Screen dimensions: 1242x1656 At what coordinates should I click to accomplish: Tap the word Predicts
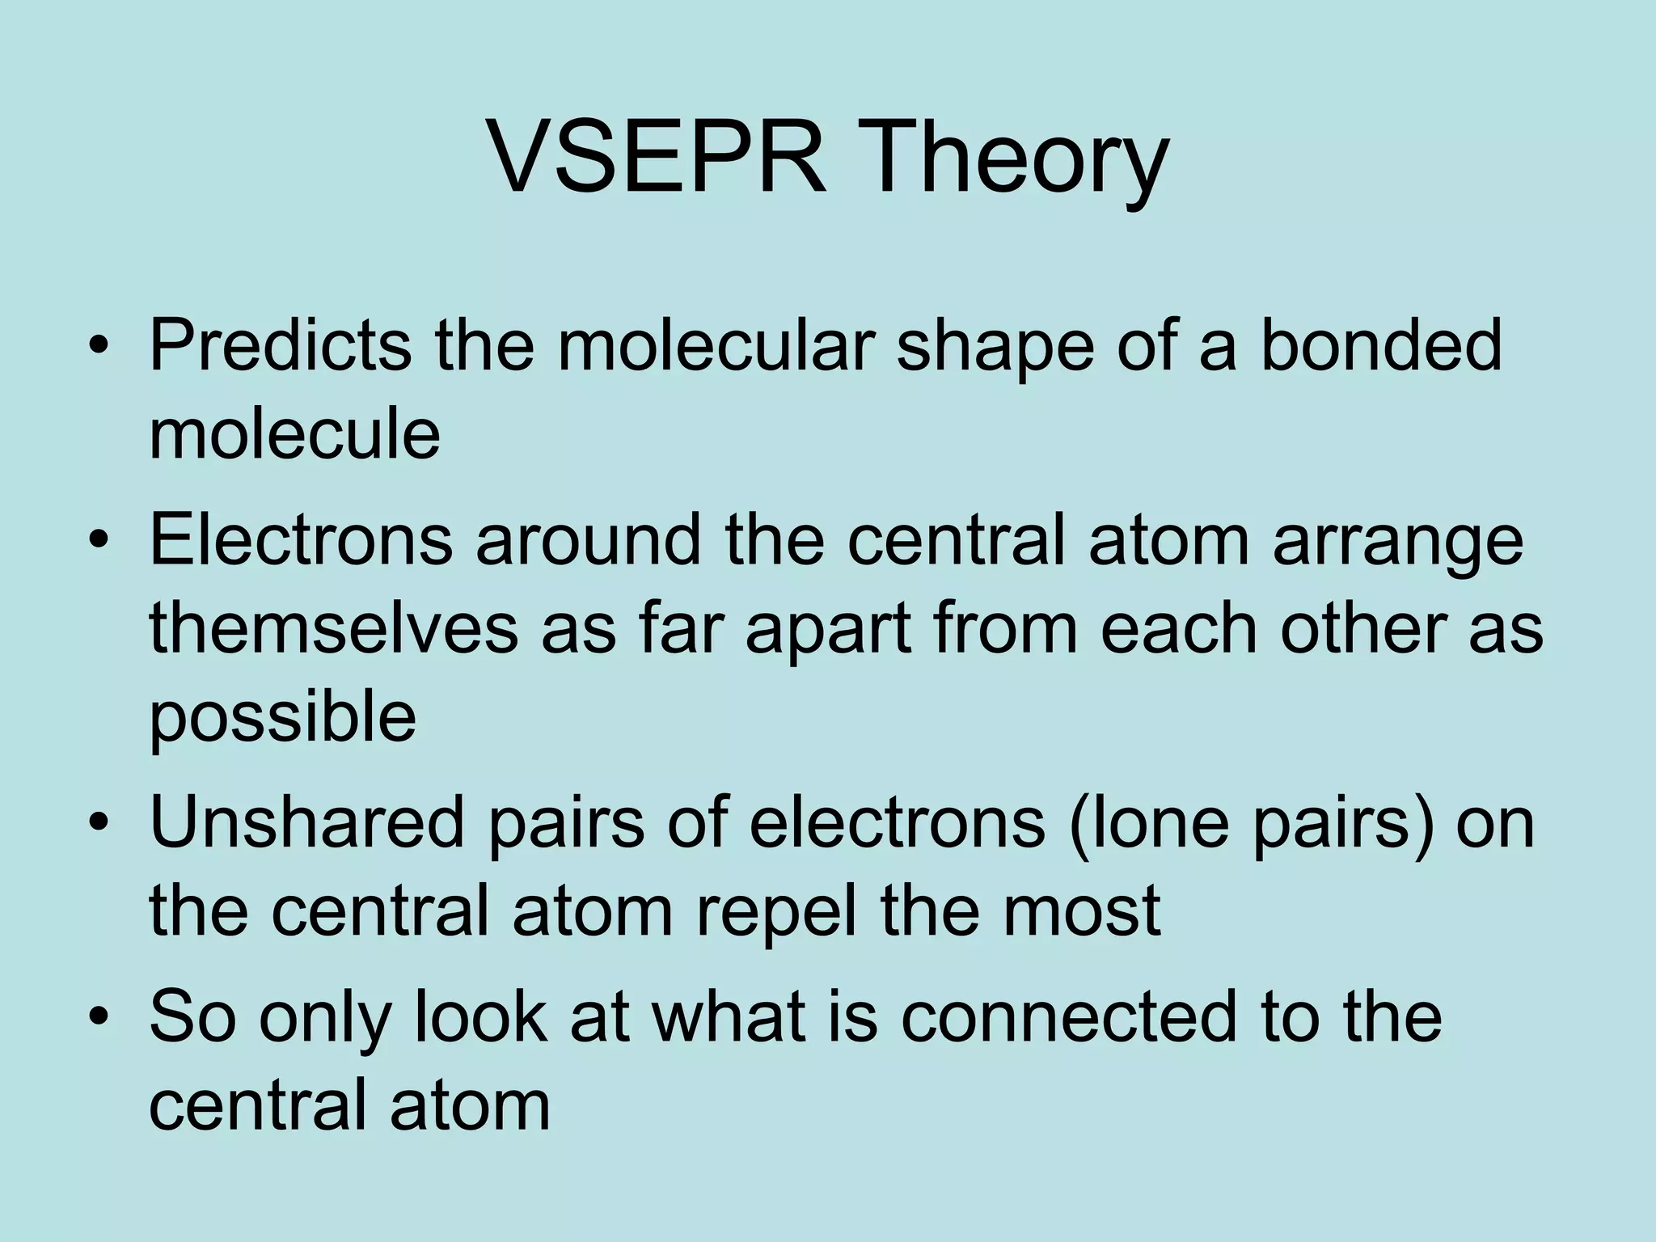[x=279, y=345]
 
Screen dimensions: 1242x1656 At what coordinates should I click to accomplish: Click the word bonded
[x=1380, y=345]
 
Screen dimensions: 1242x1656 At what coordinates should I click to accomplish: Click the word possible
[x=283, y=719]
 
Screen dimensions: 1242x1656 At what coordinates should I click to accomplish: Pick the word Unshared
[x=307, y=822]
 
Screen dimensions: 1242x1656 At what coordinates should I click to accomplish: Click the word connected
[x=1068, y=1016]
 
